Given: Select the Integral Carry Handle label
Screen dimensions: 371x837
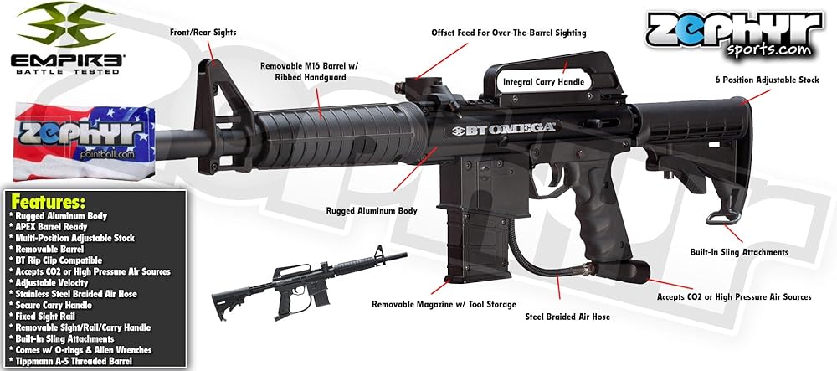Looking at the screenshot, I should click(x=543, y=82).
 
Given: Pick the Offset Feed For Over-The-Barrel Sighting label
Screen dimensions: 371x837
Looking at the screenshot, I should click(x=509, y=33).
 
